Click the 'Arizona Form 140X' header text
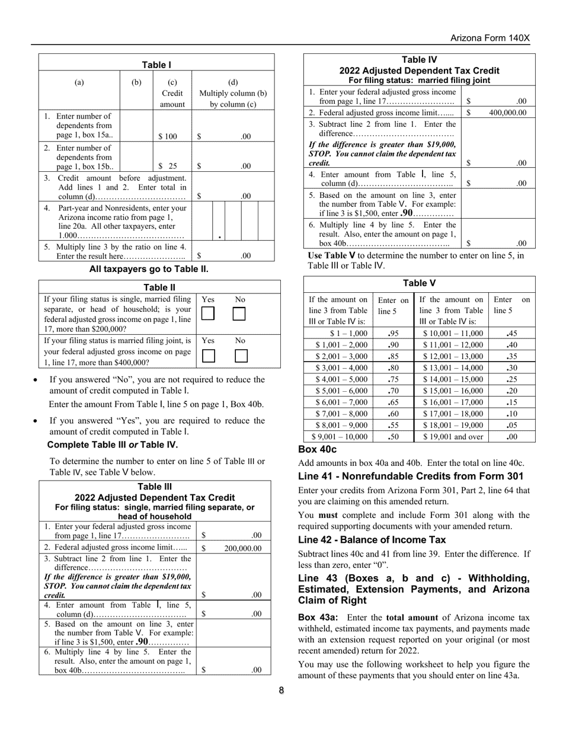coord(490,38)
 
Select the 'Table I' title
coord(156,65)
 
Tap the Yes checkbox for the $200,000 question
coord(207,314)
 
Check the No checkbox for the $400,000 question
coord(241,356)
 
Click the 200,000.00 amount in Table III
coord(242,548)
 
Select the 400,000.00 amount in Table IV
coord(507,113)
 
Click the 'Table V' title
coord(419,283)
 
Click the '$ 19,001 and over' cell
coord(453,437)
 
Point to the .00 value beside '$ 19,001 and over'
coord(511,437)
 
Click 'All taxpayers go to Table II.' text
coord(149,269)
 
